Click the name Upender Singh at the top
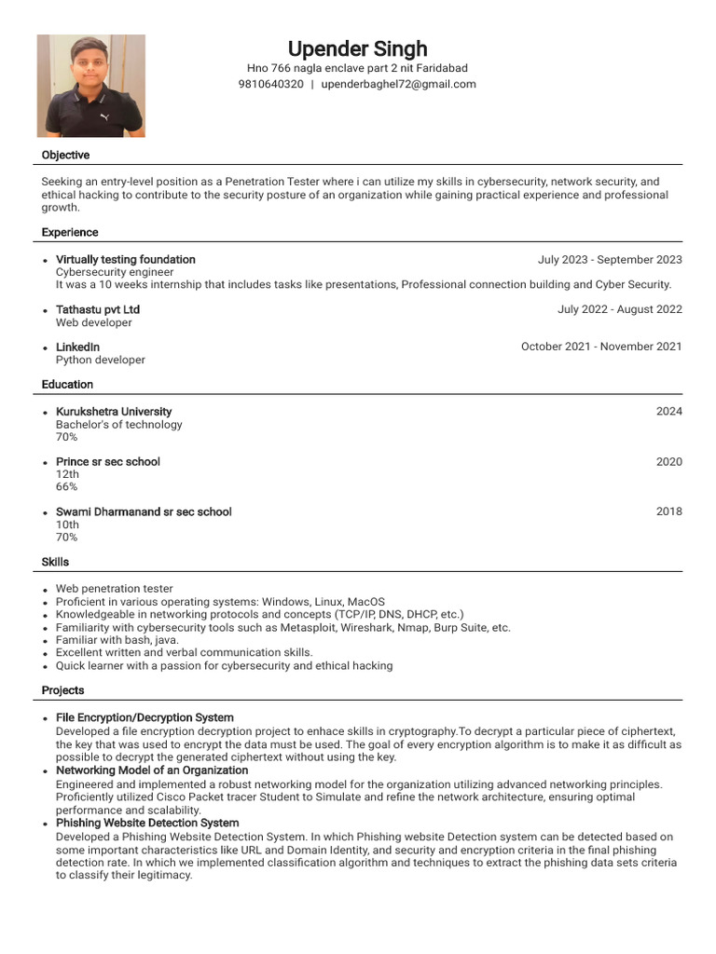click(x=357, y=48)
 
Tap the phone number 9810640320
click(x=270, y=84)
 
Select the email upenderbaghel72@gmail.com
click(x=398, y=84)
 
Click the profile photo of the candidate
click(x=90, y=86)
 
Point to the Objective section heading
click(x=65, y=155)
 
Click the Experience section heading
click(x=70, y=232)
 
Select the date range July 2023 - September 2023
click(x=610, y=260)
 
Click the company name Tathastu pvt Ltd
click(x=98, y=309)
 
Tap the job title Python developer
click(x=101, y=360)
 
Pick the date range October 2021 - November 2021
click(x=601, y=347)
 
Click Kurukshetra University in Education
click(x=114, y=412)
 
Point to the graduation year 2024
click(x=668, y=412)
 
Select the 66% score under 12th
click(x=66, y=487)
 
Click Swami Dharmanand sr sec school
click(x=144, y=511)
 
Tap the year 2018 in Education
click(x=668, y=511)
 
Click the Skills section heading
click(x=55, y=562)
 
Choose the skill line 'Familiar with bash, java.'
click(x=117, y=640)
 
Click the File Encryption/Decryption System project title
click(x=145, y=717)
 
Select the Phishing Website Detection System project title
click(x=147, y=824)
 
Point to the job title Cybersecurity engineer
click(x=115, y=272)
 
